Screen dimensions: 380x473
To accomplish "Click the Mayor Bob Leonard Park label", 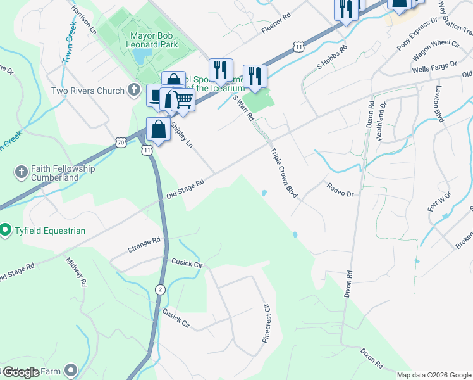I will click(154, 40).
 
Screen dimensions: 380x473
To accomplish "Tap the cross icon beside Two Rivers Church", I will click(133, 91).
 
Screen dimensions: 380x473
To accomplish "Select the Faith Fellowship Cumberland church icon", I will click(20, 172).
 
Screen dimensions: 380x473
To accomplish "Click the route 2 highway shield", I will click(161, 289).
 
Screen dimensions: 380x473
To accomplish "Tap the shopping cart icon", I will click(183, 99).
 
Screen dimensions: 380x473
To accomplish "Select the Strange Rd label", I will click(144, 243).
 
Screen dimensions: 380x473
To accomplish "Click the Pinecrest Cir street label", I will click(266, 324).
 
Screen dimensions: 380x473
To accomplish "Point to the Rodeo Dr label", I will click(340, 189).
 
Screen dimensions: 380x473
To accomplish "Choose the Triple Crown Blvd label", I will click(284, 174).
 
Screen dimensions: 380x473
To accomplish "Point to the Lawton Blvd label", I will click(438, 103).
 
